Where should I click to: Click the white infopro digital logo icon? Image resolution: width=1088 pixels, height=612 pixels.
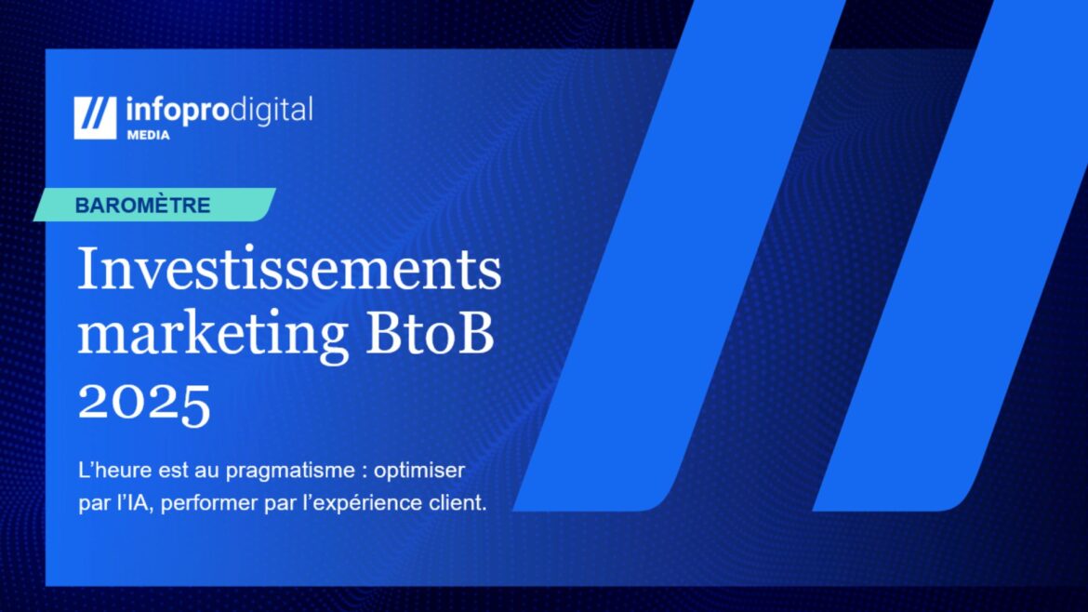95,118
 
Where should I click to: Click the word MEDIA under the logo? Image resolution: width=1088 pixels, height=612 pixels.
147,135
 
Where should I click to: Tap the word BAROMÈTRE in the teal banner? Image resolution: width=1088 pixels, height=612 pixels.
142,206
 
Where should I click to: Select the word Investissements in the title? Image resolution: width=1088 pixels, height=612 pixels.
289,271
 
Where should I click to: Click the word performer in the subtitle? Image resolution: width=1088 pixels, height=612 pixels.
197,502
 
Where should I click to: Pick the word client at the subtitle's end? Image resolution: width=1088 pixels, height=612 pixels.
461,502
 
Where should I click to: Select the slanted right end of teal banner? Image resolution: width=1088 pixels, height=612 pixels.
268,205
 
